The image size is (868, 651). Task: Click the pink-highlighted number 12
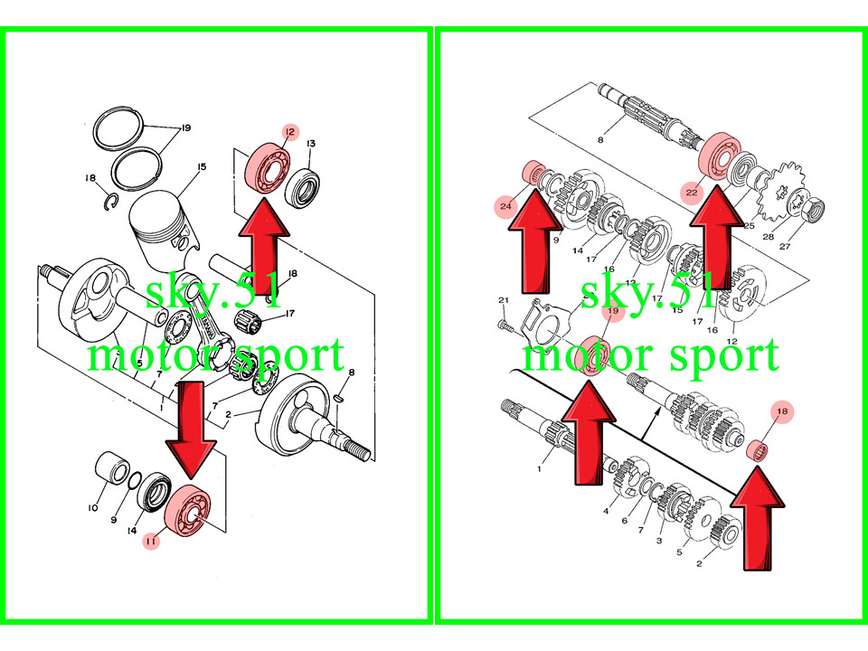289,133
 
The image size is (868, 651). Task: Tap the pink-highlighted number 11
150,541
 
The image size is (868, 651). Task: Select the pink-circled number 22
692,192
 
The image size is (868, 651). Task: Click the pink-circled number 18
782,412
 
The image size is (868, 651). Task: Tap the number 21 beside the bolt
504,300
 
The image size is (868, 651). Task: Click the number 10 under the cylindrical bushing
92,508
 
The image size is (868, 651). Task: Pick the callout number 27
784,246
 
